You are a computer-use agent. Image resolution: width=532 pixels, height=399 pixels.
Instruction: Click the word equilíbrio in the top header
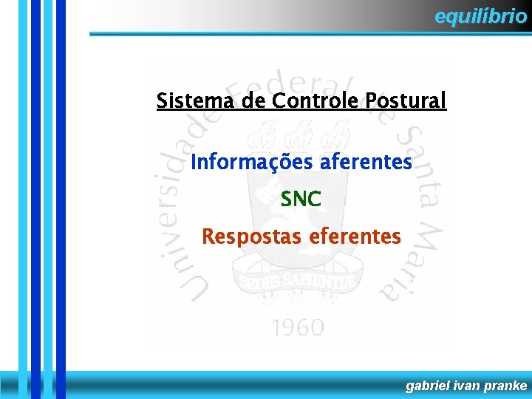pyautogui.click(x=480, y=16)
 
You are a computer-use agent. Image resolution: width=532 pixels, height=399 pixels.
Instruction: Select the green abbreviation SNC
pyautogui.click(x=301, y=199)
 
